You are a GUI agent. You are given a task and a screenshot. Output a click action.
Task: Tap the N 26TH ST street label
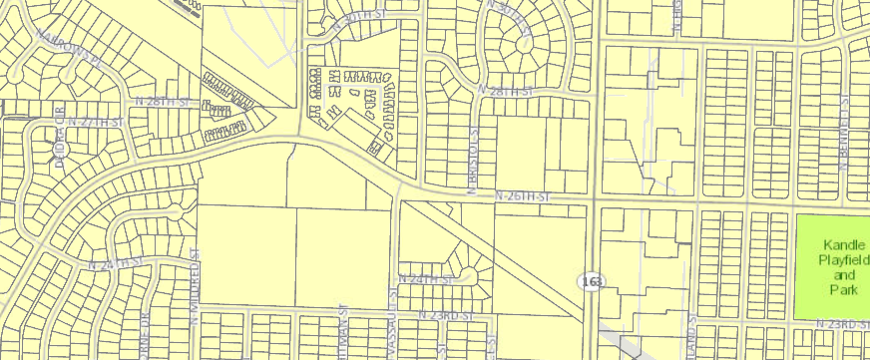tap(525, 198)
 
